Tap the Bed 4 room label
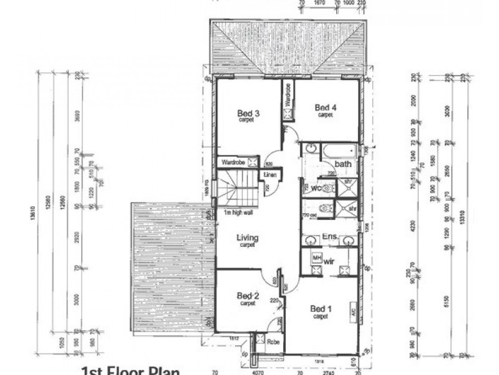[325, 107]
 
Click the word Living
[247, 238]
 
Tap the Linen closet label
[269, 174]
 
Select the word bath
[343, 164]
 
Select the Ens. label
[329, 237]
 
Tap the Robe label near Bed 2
[273, 342]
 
